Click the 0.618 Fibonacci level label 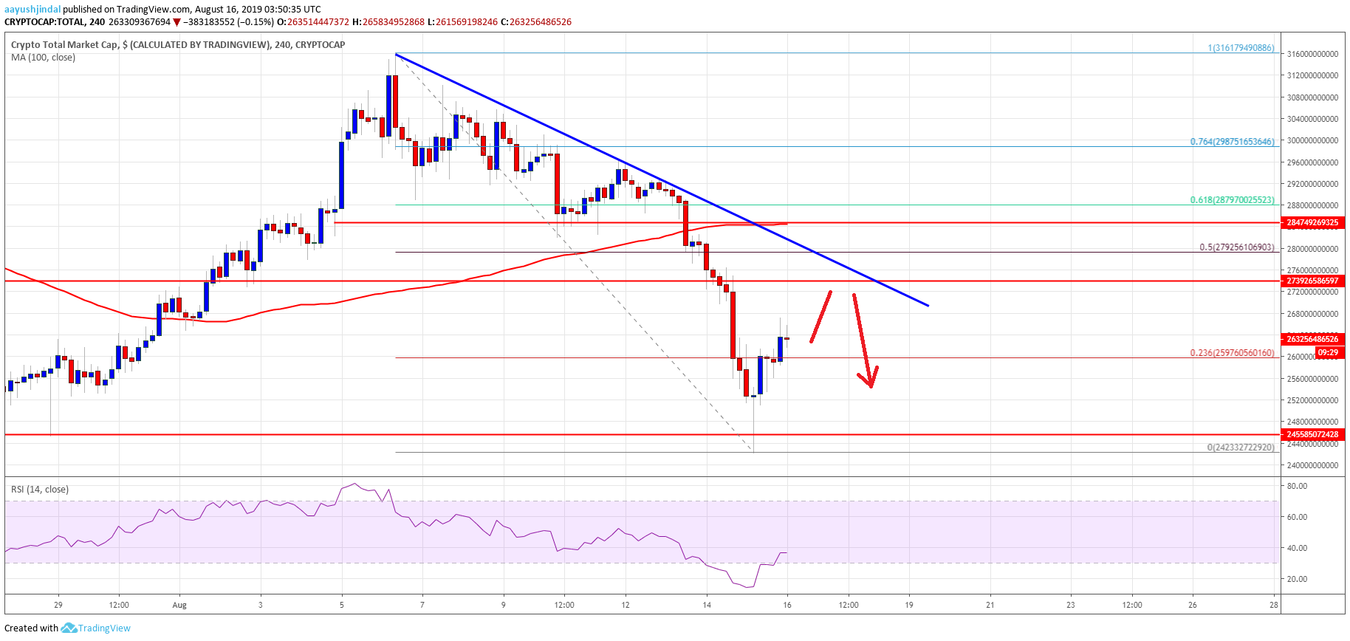[1232, 200]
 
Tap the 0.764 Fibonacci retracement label [1232, 142]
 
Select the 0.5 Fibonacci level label [1236, 247]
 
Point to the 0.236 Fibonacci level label [1232, 353]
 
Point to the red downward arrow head [871, 381]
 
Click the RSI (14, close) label [40, 490]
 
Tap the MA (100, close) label [43, 58]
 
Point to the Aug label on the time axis [179, 605]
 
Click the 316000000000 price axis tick [1312, 54]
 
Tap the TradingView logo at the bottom [96, 628]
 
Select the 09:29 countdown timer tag [1328, 353]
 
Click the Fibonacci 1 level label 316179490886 [1241, 48]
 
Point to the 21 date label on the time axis [990, 605]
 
